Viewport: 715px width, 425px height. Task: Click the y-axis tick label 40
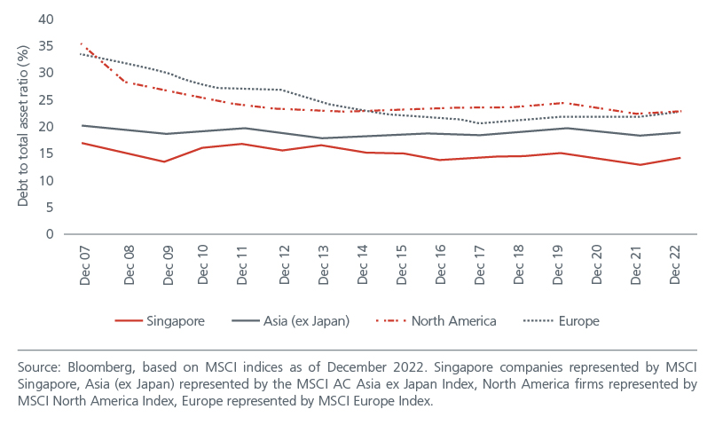point(47,20)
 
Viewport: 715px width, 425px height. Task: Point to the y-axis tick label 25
point(47,100)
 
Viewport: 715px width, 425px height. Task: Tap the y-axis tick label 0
point(51,234)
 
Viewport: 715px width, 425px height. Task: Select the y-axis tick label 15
point(47,153)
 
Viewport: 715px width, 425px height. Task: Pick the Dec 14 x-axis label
point(359,264)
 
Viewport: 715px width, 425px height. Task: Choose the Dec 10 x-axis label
point(203,264)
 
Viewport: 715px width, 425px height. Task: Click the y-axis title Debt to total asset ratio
point(23,127)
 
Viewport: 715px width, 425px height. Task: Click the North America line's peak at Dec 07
point(82,43)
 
